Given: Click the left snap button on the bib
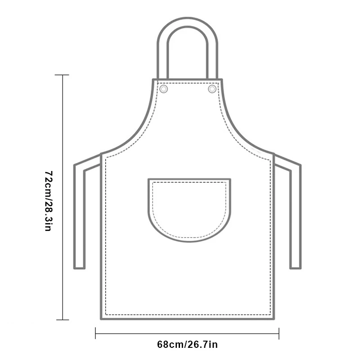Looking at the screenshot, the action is coord(163,89).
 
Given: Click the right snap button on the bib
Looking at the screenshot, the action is coord(212,89).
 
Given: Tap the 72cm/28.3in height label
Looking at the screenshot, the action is coord(48,201).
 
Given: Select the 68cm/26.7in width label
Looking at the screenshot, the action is coord(187,345).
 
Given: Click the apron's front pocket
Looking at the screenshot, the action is coord(189,210).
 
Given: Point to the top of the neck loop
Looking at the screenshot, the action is coord(188,18).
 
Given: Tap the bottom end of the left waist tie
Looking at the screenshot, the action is coord(80,268).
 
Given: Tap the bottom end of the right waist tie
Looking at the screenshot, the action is coord(296,268).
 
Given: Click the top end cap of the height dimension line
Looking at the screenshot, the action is coord(62,75).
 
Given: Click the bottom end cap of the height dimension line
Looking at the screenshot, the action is coord(63,320).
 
